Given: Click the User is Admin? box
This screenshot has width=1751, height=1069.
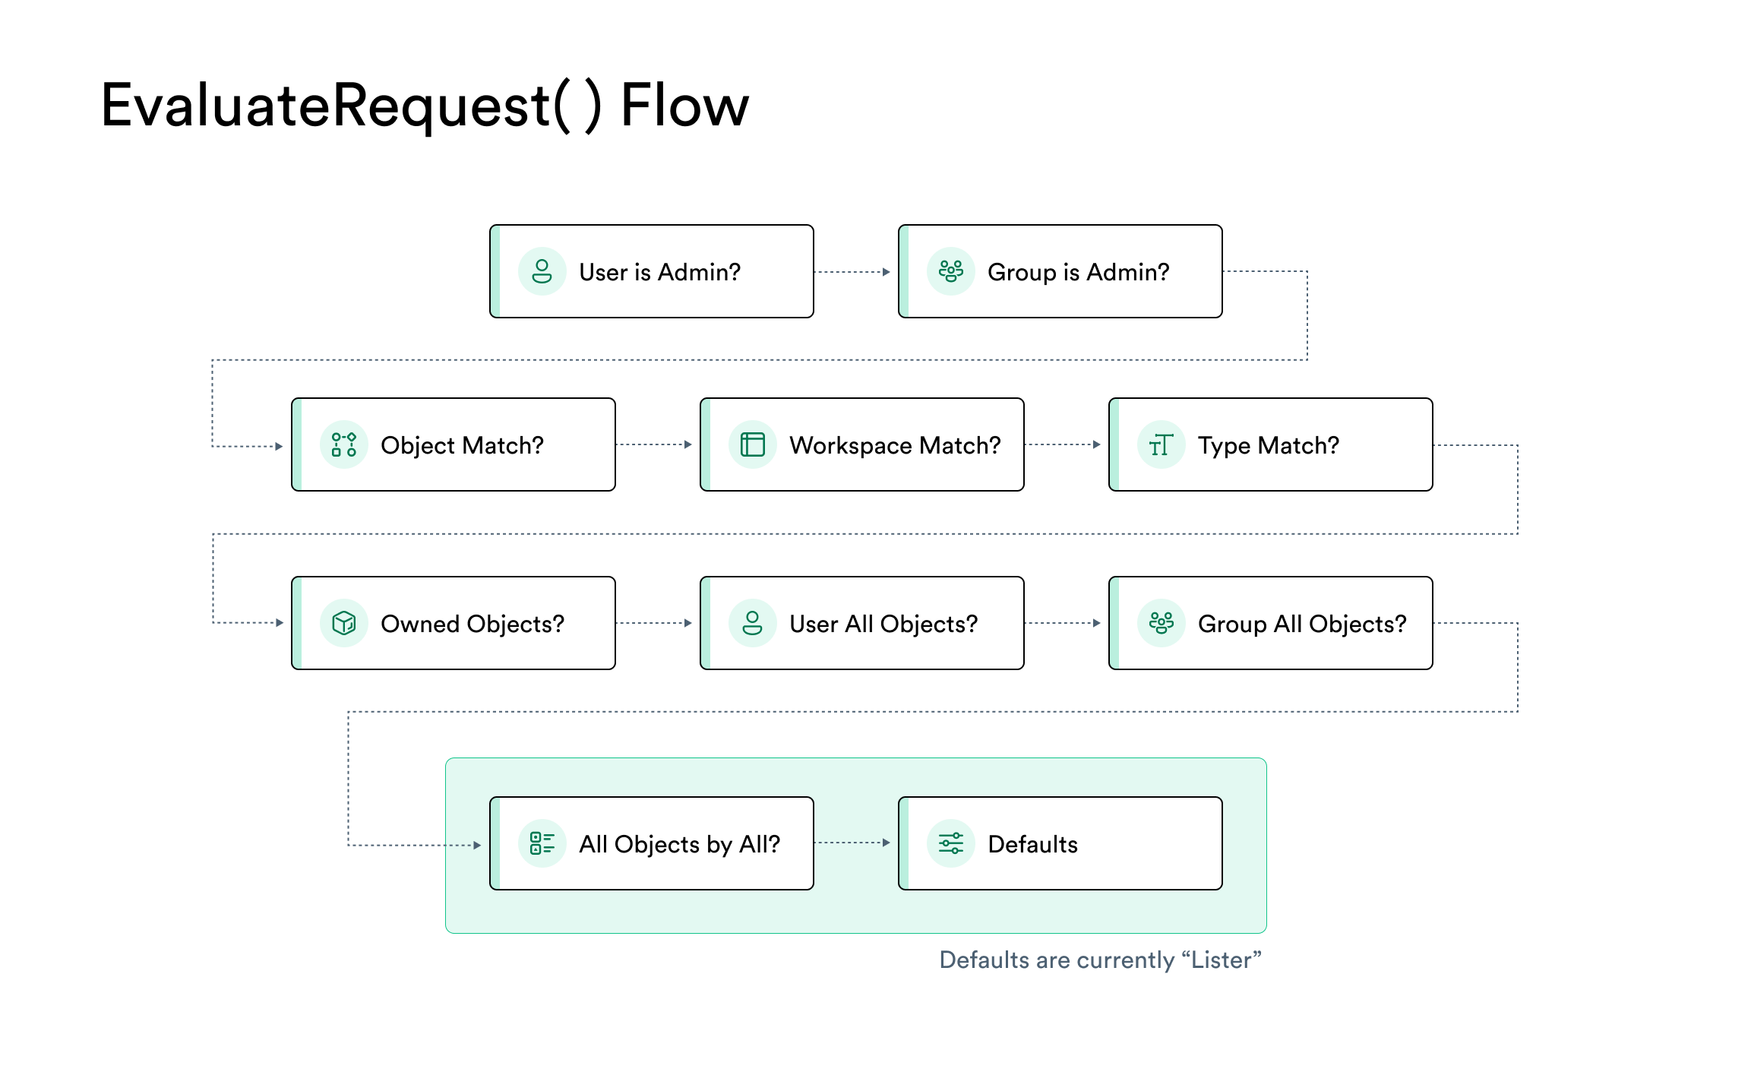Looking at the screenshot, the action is (x=652, y=271).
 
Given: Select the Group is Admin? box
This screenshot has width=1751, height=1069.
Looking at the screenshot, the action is (x=1060, y=271).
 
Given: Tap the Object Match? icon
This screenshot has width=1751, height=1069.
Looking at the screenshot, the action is (x=344, y=444).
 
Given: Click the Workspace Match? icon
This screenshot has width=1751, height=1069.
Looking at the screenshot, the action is (x=753, y=444).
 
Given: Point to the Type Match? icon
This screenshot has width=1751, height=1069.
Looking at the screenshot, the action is (x=1162, y=444).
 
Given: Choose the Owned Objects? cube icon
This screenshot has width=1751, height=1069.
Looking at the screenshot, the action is (x=344, y=623).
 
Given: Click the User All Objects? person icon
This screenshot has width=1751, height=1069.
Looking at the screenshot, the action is (x=753, y=623).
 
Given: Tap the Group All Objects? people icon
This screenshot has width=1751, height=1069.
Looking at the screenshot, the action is (x=1162, y=623).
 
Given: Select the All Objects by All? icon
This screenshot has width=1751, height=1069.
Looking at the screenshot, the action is (x=542, y=843).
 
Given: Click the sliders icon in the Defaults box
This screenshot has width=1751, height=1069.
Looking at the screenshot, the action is (x=951, y=843).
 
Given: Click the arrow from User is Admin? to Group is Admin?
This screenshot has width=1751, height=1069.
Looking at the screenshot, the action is (x=852, y=272).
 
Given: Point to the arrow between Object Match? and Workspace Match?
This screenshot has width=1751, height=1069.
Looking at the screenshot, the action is (x=654, y=444).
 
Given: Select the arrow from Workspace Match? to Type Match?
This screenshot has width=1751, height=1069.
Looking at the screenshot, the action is (x=1063, y=444).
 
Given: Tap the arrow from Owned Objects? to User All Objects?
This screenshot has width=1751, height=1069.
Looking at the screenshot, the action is (x=654, y=623).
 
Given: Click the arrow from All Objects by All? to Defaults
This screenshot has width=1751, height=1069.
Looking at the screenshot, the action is (x=852, y=843).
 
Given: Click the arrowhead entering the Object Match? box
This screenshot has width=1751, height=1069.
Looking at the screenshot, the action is (x=279, y=447).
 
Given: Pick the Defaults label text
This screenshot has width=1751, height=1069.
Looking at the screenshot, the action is (x=1033, y=844).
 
